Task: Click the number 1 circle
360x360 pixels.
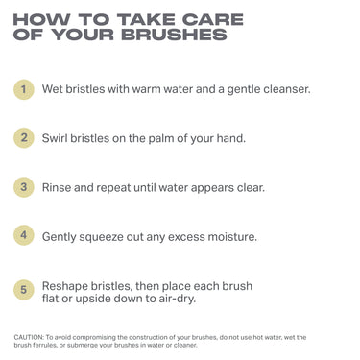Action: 25,89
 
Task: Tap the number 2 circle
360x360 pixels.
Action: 25,137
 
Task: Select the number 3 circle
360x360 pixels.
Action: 25,186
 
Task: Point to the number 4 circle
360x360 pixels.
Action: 25,234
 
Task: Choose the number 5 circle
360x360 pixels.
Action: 25,288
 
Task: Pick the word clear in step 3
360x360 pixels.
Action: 245,186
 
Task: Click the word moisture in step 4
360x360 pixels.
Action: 229,235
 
